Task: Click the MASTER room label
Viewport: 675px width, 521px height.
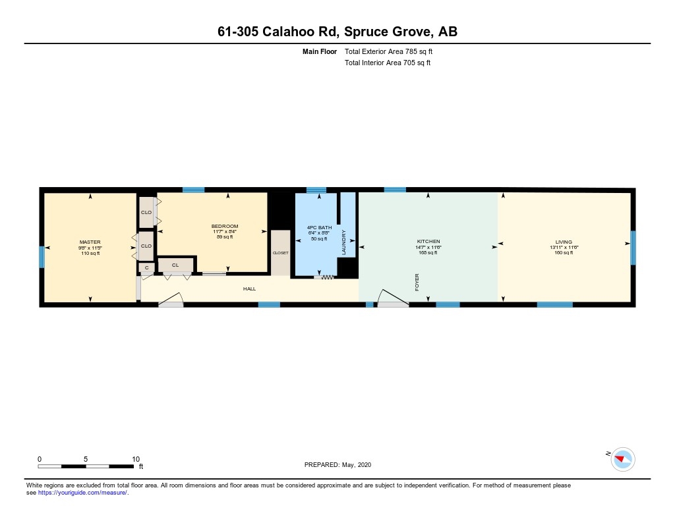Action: coord(90,242)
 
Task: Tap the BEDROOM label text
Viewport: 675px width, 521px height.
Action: coord(225,227)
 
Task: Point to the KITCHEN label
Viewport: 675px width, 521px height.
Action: coord(428,242)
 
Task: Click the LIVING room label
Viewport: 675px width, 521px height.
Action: coord(563,242)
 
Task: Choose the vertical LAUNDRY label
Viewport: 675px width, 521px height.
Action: coord(344,242)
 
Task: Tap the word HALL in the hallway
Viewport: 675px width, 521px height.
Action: coord(249,288)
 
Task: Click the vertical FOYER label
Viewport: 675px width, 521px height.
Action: coord(417,283)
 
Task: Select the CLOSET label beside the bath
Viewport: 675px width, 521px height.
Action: coord(280,253)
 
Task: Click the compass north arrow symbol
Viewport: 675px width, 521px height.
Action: coord(622,458)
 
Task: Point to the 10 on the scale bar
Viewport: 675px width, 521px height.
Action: coord(136,459)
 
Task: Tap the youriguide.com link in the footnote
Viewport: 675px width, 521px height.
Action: coord(83,492)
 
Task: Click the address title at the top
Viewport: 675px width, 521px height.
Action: coord(337,31)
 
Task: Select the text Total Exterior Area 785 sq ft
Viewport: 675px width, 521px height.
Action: coord(388,51)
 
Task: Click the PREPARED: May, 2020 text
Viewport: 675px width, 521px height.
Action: coord(338,464)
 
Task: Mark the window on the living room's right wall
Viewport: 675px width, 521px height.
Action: coord(633,248)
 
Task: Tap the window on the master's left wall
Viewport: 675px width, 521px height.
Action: coord(42,256)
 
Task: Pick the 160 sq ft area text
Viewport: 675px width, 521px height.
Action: coord(564,253)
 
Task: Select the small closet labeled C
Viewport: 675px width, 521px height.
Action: coord(146,267)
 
